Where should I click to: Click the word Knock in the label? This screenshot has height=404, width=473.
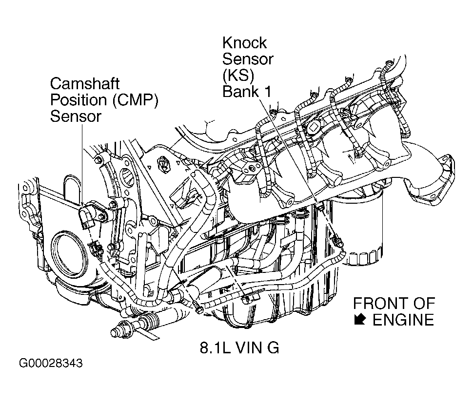(x=245, y=43)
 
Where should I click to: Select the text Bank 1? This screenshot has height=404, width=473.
(x=247, y=92)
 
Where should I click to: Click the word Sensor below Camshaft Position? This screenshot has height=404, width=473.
(x=76, y=116)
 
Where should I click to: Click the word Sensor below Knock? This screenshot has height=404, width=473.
(x=248, y=59)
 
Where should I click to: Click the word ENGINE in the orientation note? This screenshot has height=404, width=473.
(x=403, y=320)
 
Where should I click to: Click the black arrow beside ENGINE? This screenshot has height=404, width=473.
(x=360, y=320)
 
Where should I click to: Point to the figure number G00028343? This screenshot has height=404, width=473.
(x=51, y=364)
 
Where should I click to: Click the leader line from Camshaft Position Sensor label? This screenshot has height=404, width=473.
(x=82, y=161)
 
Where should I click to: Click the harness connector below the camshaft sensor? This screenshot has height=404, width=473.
(x=96, y=249)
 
